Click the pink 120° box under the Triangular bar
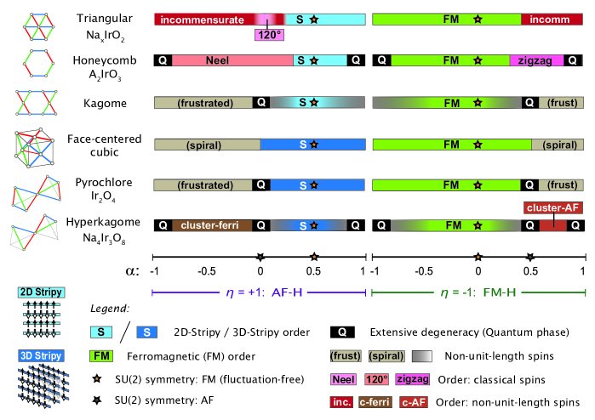271,34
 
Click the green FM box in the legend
103,356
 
